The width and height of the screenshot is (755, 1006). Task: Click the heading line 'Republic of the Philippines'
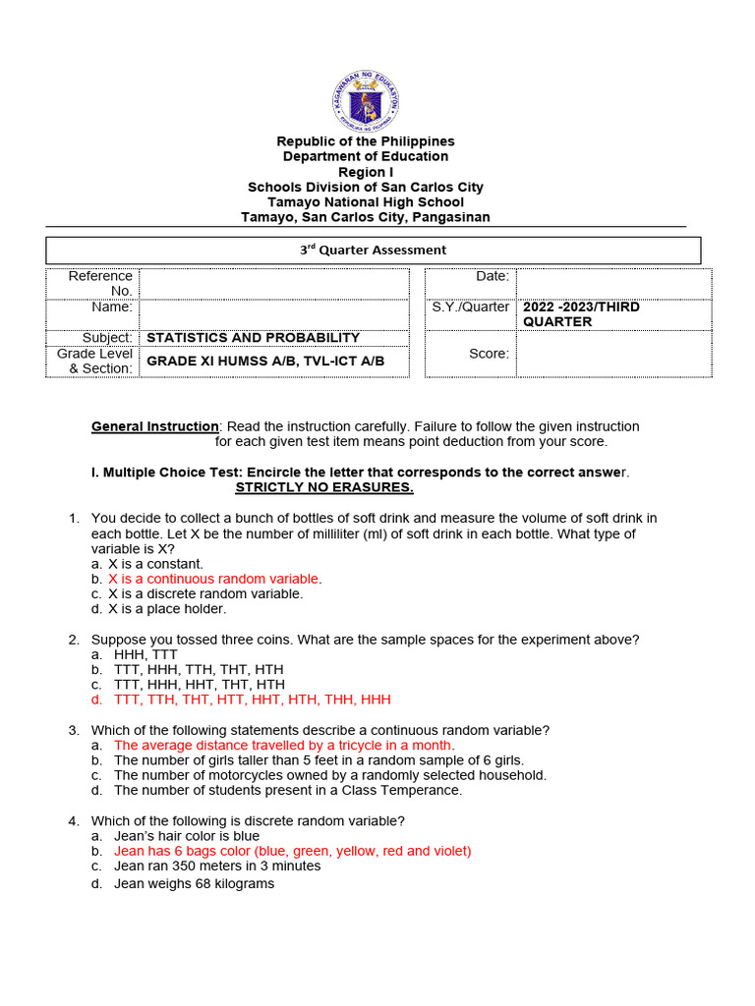point(366,141)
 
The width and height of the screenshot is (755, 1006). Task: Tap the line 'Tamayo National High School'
point(366,202)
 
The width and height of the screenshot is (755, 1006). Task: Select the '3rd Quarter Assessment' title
point(374,251)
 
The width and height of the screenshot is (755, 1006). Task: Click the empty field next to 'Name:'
point(274,313)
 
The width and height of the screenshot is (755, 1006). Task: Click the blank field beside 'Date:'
point(613,284)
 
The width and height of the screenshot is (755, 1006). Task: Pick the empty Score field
point(613,354)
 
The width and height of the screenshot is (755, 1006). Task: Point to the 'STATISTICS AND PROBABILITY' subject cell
point(254,337)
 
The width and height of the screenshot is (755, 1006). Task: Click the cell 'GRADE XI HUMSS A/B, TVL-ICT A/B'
point(265,362)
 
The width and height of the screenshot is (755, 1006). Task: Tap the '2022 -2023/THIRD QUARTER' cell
point(581,314)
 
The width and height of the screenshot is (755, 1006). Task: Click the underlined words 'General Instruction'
point(155,426)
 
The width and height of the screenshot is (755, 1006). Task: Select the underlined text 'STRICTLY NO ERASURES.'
point(324,488)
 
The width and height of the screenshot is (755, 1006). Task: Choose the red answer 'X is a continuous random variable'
point(213,579)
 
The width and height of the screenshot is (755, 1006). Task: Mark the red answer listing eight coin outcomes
point(252,699)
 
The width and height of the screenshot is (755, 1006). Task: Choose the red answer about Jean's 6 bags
point(292,851)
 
